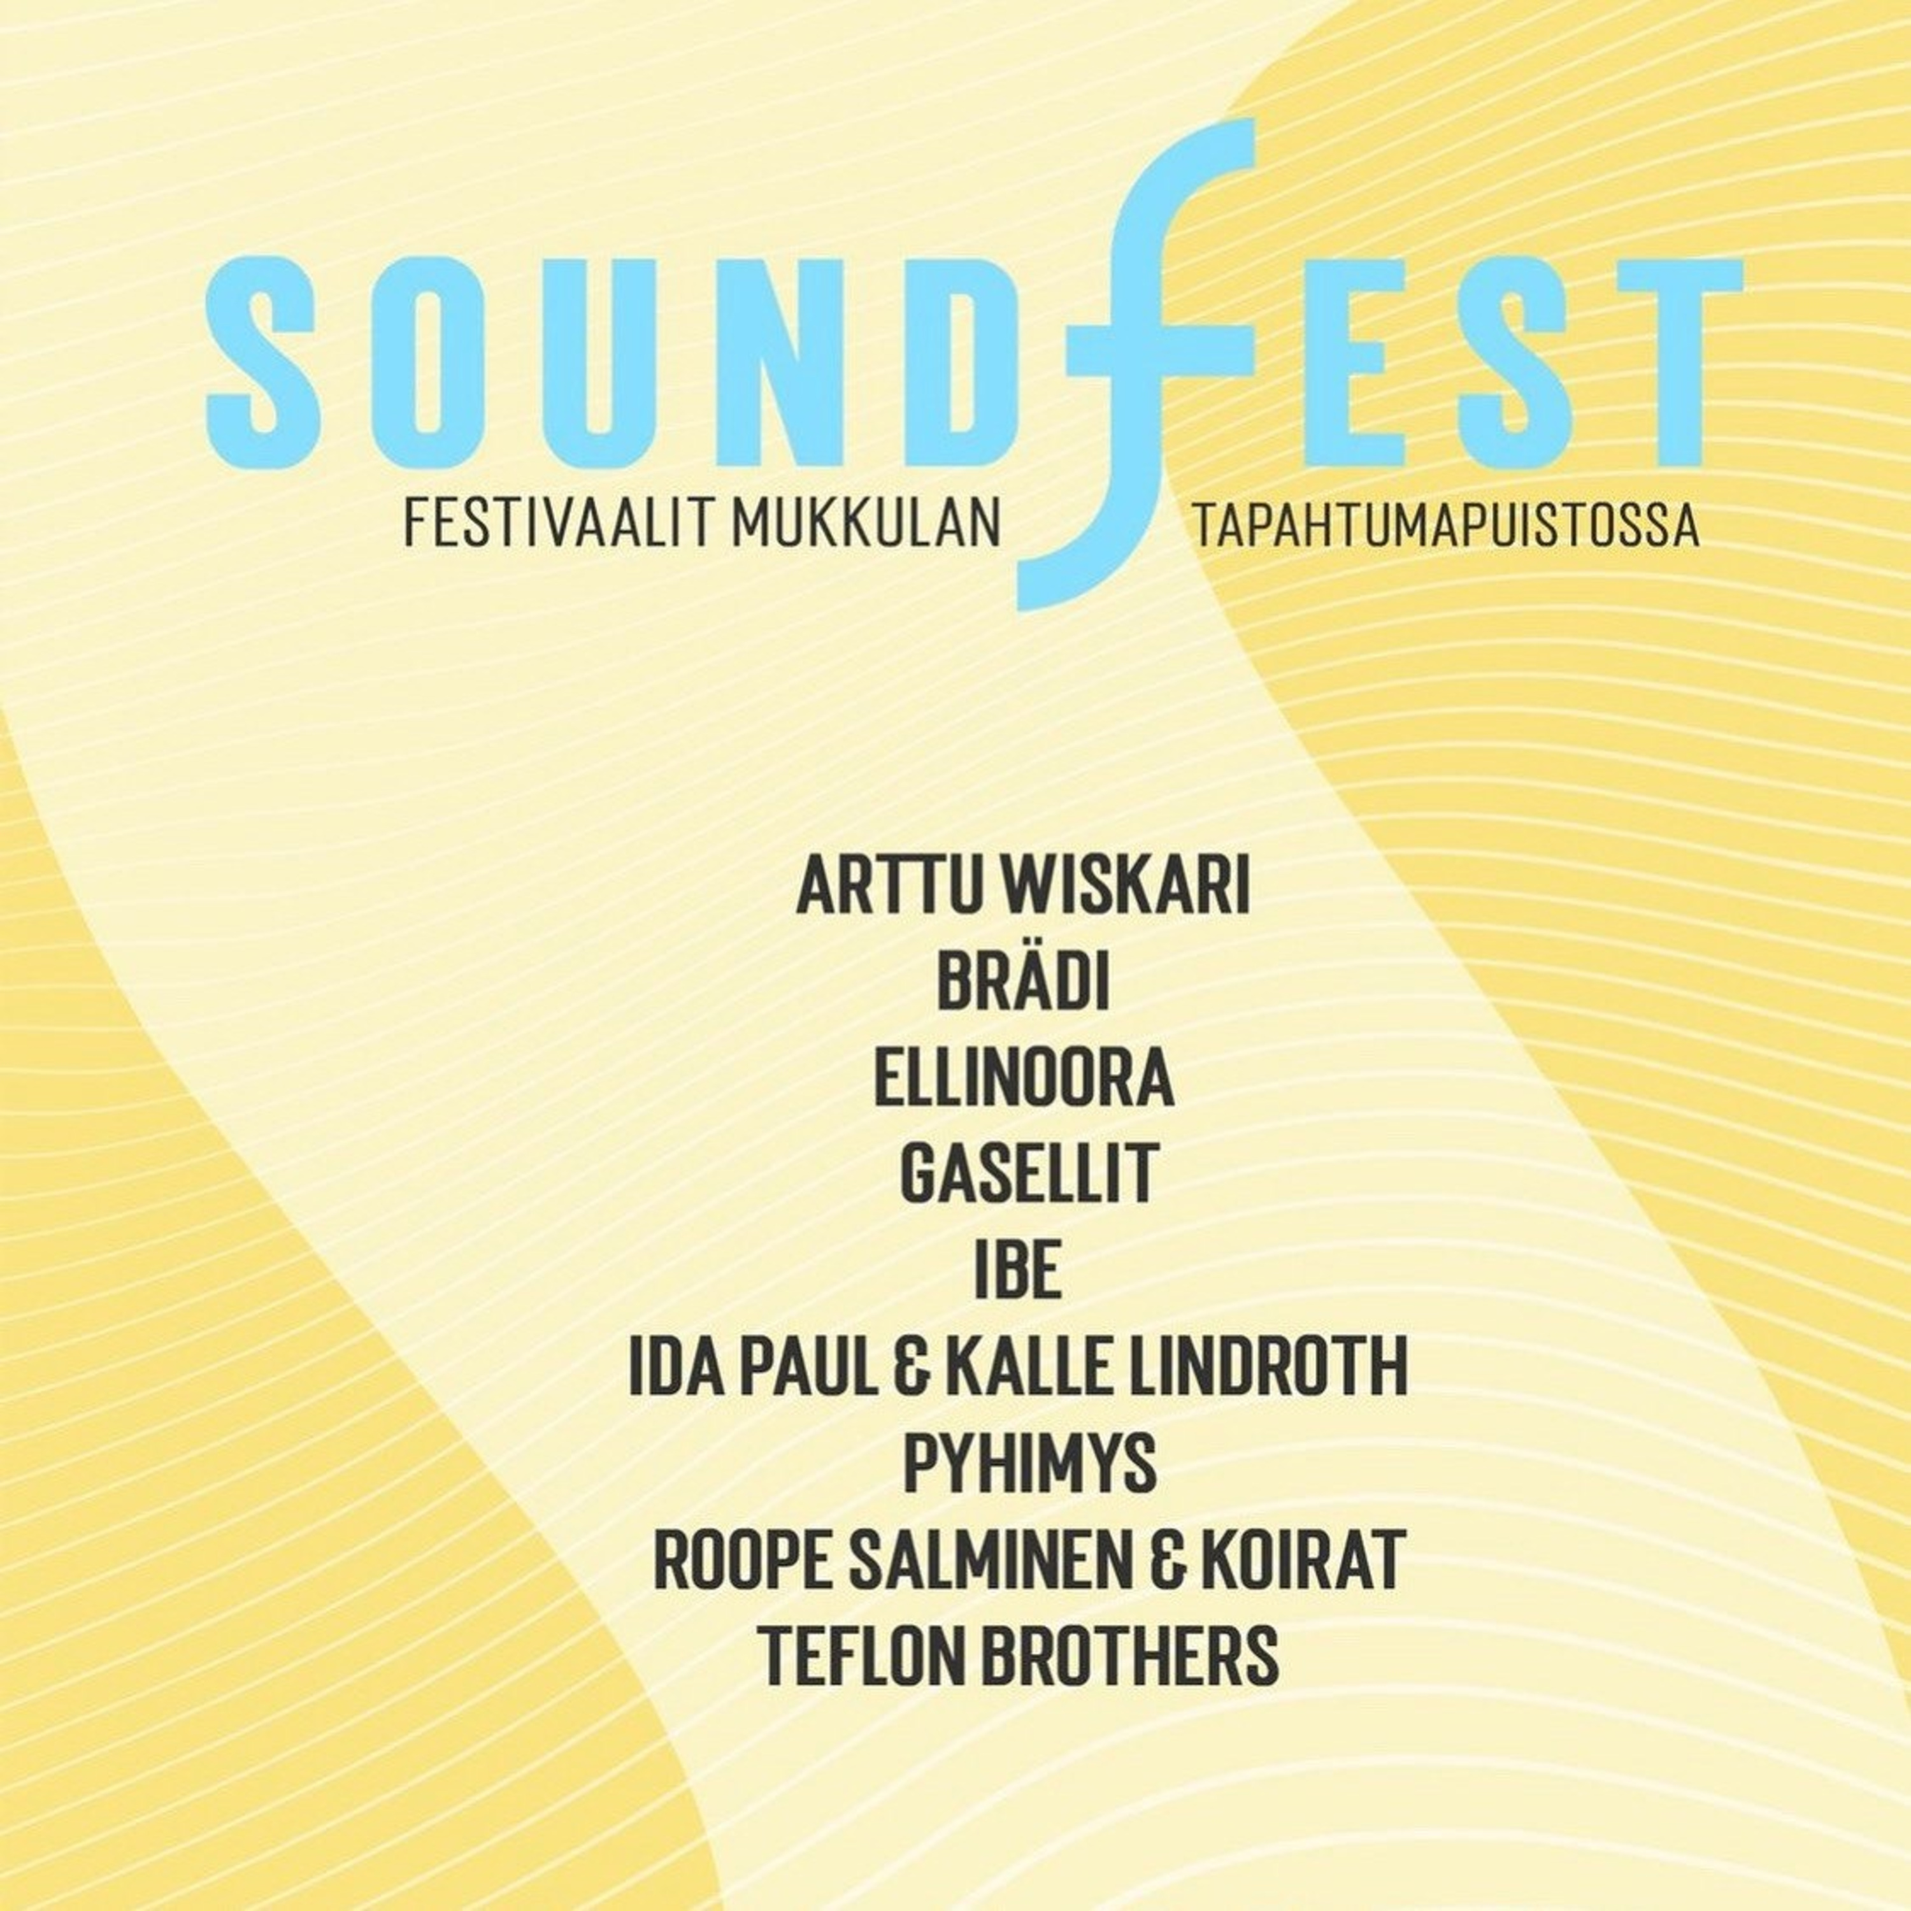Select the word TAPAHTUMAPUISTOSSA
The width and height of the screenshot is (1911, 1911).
(1447, 526)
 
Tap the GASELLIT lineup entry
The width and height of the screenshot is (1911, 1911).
(1027, 1174)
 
